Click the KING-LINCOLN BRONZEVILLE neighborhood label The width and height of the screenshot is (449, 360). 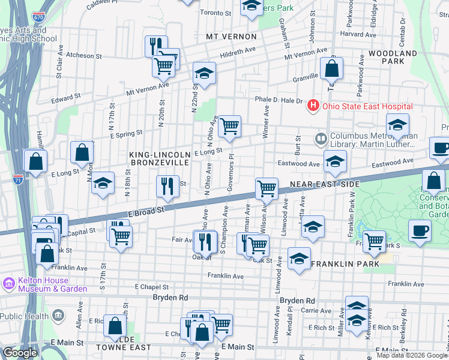click(160, 159)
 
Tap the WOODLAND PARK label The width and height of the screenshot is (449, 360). click(393, 58)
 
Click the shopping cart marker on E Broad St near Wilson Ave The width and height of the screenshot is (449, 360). click(267, 189)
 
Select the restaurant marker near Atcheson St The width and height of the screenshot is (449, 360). click(154, 46)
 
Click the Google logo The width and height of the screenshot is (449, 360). click(20, 353)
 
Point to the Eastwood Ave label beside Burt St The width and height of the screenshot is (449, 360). click(298, 163)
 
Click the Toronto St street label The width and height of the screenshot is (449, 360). click(215, 13)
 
